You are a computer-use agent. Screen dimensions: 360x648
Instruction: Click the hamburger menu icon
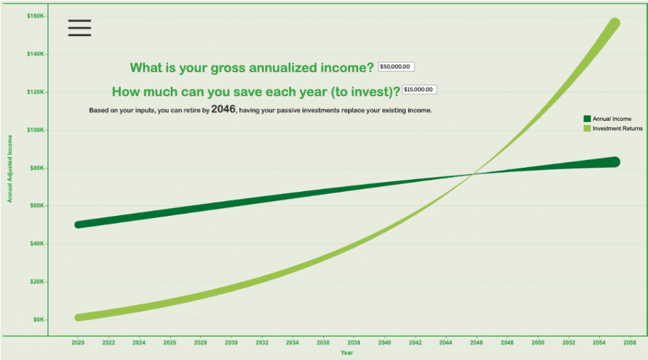[x=80, y=28]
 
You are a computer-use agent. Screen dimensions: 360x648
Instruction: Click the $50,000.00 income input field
[x=396, y=67]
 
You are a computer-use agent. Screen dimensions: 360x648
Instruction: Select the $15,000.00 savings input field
[x=419, y=90]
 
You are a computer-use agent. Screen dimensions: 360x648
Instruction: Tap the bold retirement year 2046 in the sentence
[x=223, y=109]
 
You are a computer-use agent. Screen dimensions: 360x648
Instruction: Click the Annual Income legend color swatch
[x=587, y=118]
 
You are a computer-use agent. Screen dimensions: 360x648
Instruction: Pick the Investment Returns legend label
[x=617, y=128]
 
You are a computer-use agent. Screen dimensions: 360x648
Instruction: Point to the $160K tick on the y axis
[x=35, y=16]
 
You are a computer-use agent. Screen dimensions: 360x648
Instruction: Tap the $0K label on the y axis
[x=39, y=320]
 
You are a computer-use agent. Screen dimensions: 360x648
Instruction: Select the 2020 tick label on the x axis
[x=78, y=342]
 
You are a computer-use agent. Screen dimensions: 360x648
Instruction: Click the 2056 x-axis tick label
[x=630, y=342]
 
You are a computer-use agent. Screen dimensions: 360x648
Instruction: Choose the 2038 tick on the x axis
[x=354, y=342]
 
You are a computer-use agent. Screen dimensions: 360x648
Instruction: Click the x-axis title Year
[x=347, y=352]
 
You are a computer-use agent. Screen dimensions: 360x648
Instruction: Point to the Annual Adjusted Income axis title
[x=10, y=168]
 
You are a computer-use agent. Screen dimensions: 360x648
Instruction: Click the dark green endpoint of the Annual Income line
[x=614, y=162]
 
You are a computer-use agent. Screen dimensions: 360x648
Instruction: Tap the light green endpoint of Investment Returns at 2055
[x=614, y=23]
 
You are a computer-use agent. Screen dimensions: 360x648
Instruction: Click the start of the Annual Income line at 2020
[x=78, y=225]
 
